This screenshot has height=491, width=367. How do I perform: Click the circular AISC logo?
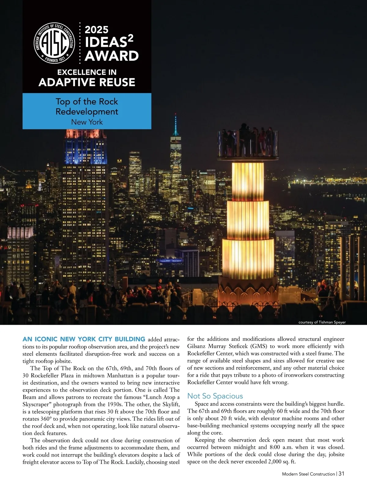pos(54,43)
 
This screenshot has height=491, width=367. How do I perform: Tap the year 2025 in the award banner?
pos(97,30)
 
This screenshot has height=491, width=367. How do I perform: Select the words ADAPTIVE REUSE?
pos(87,82)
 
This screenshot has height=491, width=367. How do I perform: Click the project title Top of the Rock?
pos(87,102)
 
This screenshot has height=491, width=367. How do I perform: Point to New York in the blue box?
pos(87,122)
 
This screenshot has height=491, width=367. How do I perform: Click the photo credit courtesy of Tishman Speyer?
pos(322,322)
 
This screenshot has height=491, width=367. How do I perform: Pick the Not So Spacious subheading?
pos(215,396)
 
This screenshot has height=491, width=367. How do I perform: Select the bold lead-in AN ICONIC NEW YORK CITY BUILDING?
pos(84,339)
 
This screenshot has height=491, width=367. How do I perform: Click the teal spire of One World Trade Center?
pos(176,125)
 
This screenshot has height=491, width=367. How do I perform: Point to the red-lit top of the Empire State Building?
pos(85,134)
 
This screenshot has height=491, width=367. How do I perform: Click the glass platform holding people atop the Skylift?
pos(248,144)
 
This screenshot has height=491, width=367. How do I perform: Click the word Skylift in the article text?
pos(170,404)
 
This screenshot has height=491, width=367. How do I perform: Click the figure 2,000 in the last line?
pos(276,462)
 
